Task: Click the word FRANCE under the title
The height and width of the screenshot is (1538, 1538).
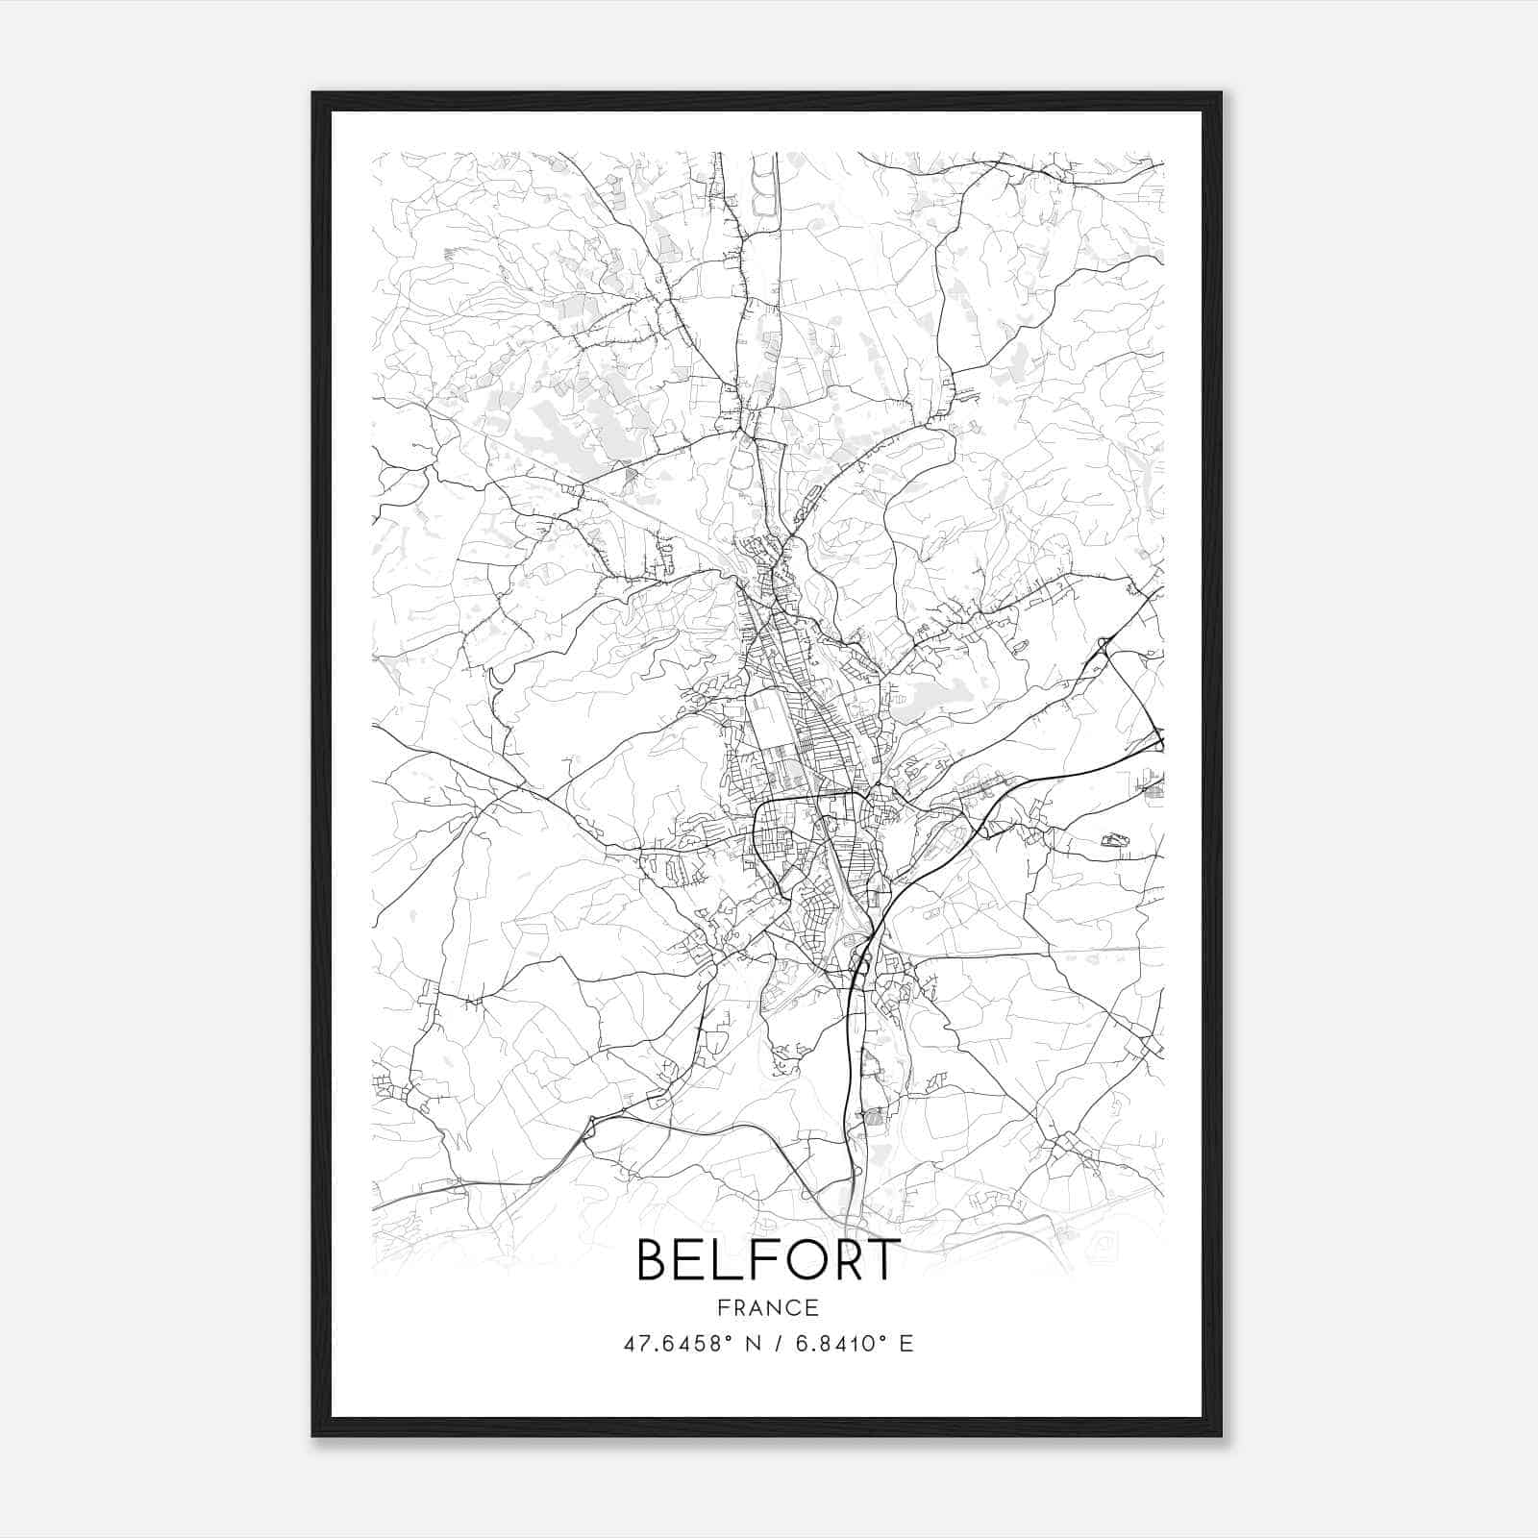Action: click(768, 1307)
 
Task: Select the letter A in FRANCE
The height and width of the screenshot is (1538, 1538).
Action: click(759, 1307)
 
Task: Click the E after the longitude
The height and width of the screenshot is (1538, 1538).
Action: click(905, 1343)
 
